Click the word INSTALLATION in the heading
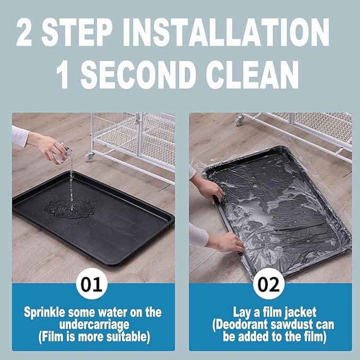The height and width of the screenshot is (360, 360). [x=226, y=32]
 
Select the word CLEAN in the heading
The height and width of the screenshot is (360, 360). [x=252, y=74]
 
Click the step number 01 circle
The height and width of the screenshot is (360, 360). [x=92, y=284]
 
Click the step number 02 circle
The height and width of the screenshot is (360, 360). [x=269, y=284]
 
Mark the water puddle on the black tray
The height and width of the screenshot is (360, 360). [x=69, y=207]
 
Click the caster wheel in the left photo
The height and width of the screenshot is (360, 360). [x=90, y=156]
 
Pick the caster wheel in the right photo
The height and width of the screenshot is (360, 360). [x=240, y=119]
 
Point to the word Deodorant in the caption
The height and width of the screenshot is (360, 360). [x=241, y=324]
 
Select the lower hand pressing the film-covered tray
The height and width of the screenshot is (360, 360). [x=226, y=243]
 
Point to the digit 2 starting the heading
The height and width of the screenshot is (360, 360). [x=24, y=32]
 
